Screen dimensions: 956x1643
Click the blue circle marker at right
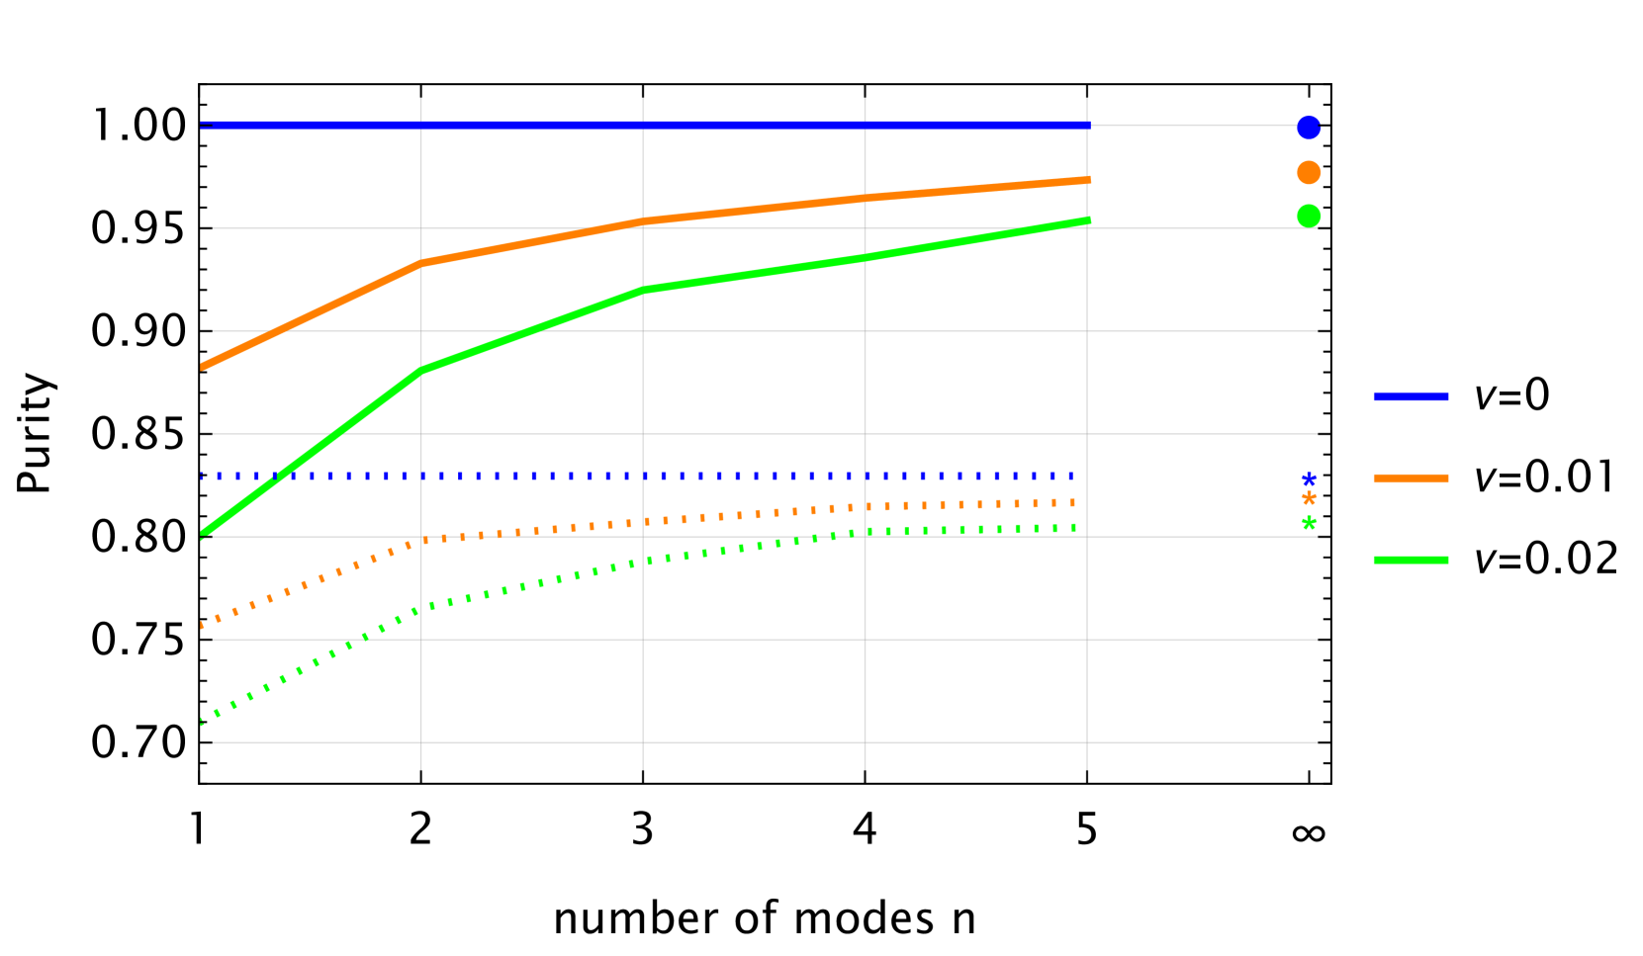[x=1309, y=128]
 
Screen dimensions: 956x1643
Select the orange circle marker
[x=1309, y=172]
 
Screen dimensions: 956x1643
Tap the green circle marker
[x=1309, y=216]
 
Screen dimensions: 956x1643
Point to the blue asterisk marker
[x=1309, y=479]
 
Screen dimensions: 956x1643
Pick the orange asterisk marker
[x=1309, y=498]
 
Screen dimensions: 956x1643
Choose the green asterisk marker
[x=1309, y=523]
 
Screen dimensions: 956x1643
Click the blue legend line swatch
[x=1411, y=396]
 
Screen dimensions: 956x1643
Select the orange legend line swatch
[x=1411, y=478]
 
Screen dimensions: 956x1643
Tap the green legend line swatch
[x=1411, y=560]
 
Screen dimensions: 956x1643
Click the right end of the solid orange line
[x=1088, y=180]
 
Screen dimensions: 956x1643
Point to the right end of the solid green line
[x=1088, y=220]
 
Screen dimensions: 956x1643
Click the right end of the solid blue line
[x=1088, y=126]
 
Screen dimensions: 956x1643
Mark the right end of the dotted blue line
[x=1072, y=476]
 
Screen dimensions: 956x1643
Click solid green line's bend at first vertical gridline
[x=421, y=371]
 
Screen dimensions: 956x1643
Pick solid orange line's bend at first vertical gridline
[x=421, y=263]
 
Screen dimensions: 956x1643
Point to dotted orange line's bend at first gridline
[x=421, y=541]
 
